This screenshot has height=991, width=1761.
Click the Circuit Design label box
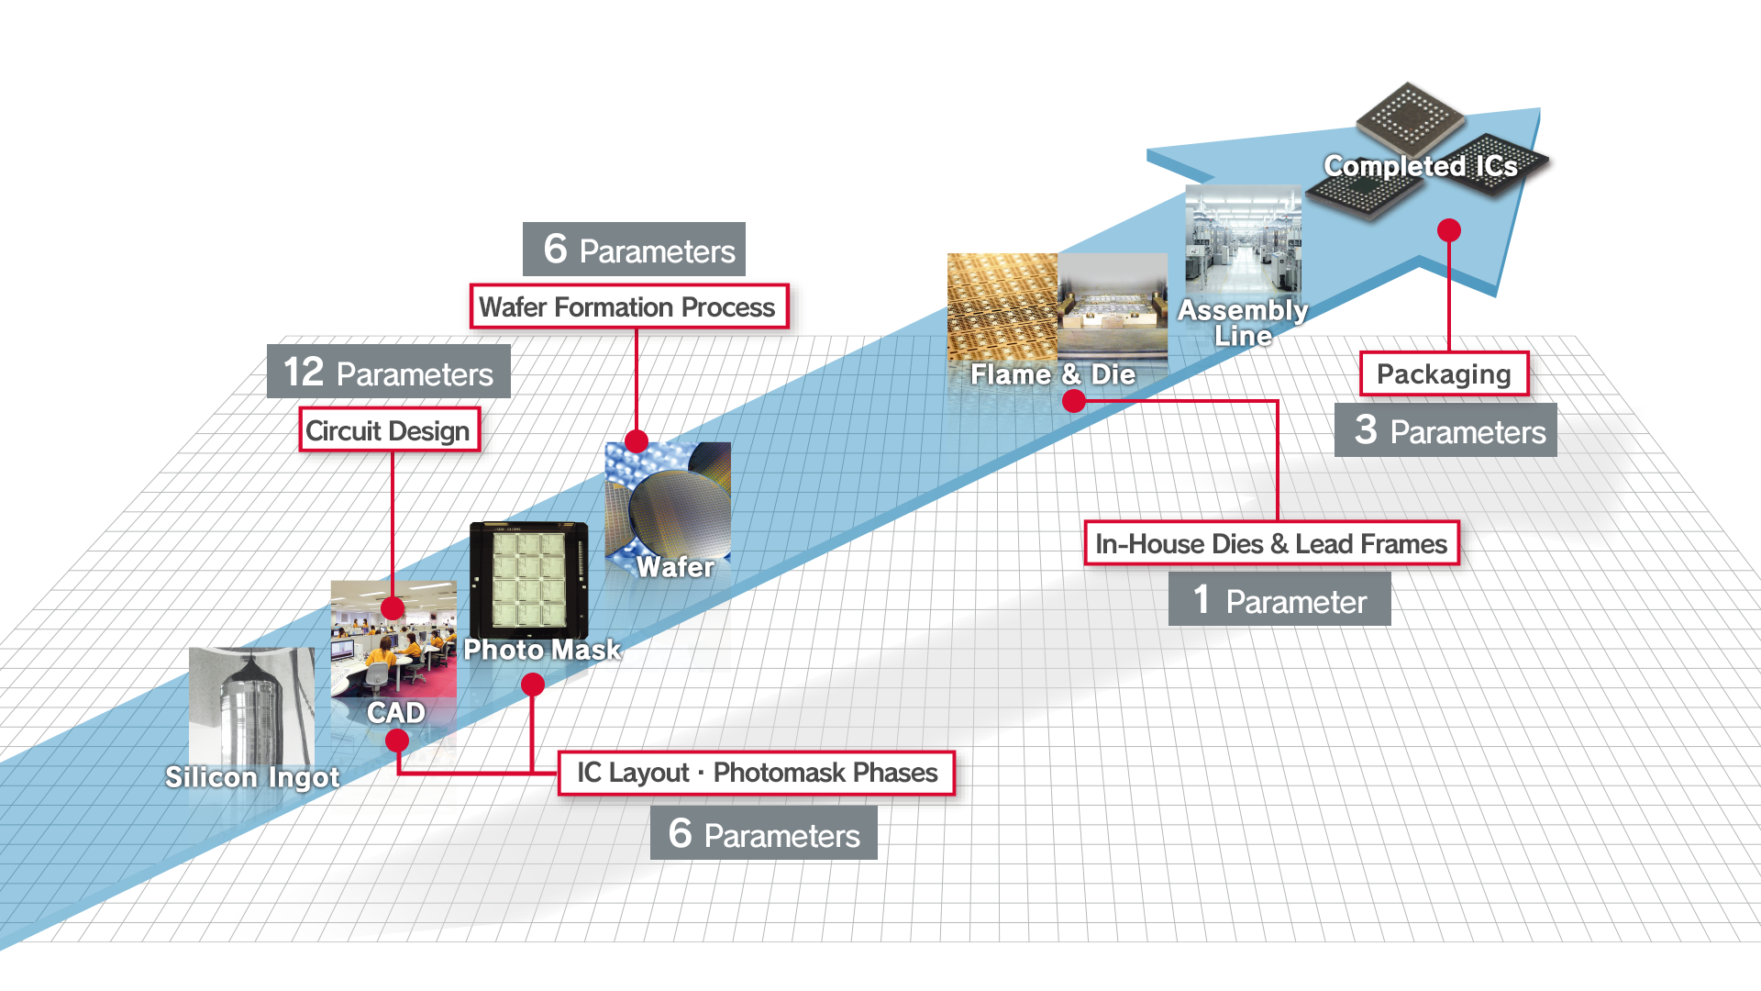point(389,430)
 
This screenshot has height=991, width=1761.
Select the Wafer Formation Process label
point(627,306)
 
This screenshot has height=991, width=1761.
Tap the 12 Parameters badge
point(388,372)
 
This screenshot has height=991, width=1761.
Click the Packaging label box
point(1443,373)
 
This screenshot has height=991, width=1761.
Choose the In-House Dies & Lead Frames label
point(1270,543)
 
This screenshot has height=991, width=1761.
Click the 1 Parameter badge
point(1279,600)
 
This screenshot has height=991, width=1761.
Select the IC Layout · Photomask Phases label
point(757,773)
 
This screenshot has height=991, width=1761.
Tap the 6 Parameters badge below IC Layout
point(763,833)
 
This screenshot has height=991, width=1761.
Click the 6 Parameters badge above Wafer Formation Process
point(634,249)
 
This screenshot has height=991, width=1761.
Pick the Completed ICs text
point(1420,166)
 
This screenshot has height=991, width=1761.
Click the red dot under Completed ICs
point(1449,229)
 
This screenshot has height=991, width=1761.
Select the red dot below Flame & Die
point(1073,401)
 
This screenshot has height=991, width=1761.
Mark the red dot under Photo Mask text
point(533,685)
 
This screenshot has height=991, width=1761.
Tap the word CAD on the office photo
point(396,713)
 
